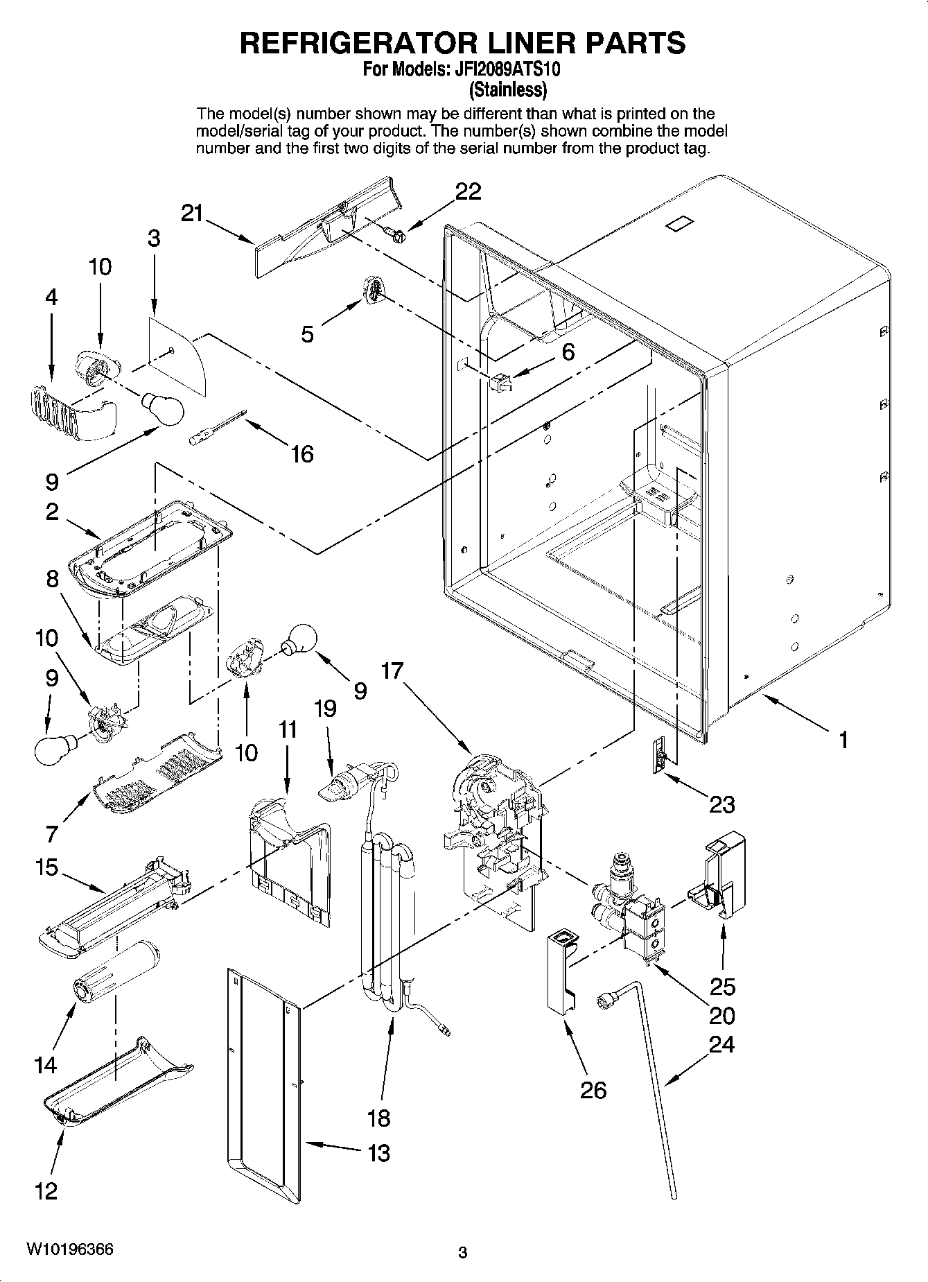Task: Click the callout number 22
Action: (x=468, y=191)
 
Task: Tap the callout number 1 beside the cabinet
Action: (x=843, y=740)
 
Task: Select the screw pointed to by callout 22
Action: (x=396, y=234)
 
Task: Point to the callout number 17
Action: (x=392, y=672)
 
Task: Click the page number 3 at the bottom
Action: (x=463, y=1253)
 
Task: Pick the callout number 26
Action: (x=593, y=1091)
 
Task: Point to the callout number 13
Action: (x=379, y=1153)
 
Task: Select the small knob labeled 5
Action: (x=373, y=288)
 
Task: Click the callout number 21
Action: (x=193, y=214)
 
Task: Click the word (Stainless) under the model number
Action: (x=508, y=90)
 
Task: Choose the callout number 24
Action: (x=721, y=1044)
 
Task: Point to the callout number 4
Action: (x=51, y=297)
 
